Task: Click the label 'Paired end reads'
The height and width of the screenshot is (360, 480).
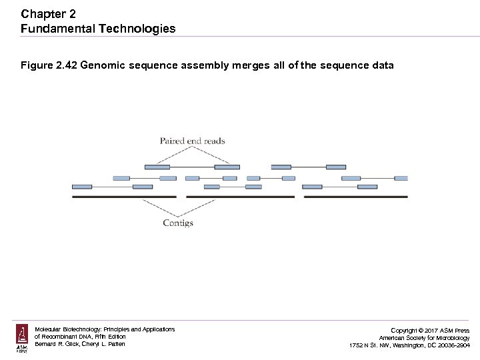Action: [x=192, y=141]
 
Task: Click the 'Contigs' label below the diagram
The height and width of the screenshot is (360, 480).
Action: [x=178, y=223]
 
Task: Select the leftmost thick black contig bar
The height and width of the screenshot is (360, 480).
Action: [x=123, y=197]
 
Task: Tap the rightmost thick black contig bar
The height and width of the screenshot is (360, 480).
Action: [x=355, y=197]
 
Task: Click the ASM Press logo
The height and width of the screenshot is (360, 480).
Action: [x=22, y=338]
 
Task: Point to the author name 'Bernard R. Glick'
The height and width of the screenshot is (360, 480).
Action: [x=57, y=345]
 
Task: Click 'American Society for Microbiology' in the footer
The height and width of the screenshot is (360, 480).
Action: [x=424, y=338]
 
